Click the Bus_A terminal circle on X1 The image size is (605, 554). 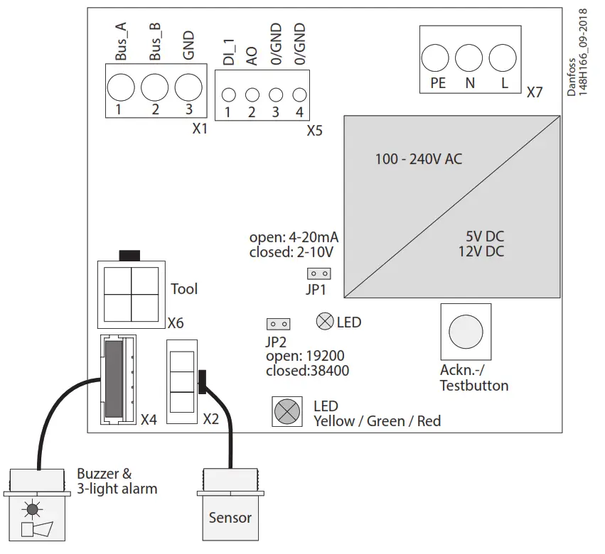point(121,88)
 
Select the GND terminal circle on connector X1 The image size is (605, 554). point(188,88)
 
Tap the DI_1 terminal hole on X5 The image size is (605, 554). point(228,94)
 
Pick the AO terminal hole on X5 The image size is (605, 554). point(252,94)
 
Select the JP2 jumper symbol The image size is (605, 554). point(278,324)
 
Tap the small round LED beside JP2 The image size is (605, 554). point(325,322)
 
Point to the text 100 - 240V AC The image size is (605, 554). point(418,160)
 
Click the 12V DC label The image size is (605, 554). point(482,251)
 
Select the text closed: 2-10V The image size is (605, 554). point(291,251)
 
